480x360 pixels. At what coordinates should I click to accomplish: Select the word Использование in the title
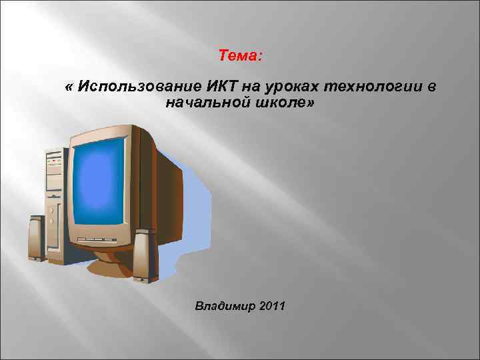(130, 87)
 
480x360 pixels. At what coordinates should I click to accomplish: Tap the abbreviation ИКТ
(207, 87)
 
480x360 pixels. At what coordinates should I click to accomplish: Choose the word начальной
(204, 103)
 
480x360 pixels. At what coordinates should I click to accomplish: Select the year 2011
(271, 307)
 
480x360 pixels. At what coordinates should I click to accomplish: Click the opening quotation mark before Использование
(69, 87)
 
